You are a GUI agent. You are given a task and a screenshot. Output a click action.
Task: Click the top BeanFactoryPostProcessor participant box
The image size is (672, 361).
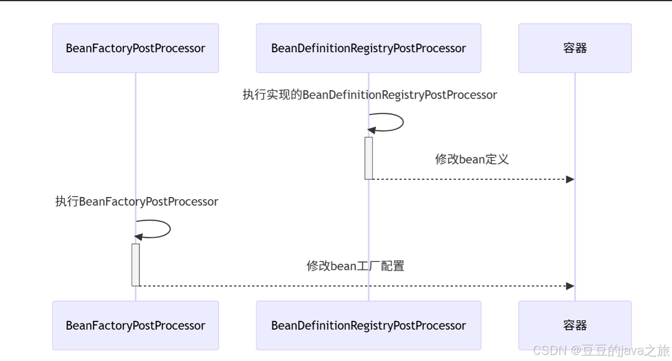135,48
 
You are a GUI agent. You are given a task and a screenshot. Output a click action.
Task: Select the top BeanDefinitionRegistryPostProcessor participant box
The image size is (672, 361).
368,48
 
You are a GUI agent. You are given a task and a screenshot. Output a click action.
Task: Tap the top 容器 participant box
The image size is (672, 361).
575,48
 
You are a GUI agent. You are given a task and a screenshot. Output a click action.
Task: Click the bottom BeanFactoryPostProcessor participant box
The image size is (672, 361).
135,325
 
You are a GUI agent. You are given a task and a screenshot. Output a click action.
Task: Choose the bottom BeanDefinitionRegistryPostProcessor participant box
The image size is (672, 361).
368,325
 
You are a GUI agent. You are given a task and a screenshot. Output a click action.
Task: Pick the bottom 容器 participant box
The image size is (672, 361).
575,325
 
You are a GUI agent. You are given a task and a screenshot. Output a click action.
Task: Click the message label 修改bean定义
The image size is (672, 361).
472,160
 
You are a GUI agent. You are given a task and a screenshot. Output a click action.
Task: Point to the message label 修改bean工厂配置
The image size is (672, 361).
355,266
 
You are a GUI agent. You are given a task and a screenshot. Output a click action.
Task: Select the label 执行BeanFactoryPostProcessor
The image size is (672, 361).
136,202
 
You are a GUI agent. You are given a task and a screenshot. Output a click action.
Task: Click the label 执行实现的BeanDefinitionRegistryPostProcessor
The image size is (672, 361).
369,95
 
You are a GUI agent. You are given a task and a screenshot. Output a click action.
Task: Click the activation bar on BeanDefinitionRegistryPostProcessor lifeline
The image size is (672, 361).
369,158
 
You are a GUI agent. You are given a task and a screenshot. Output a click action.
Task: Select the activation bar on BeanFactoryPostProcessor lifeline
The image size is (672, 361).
135,265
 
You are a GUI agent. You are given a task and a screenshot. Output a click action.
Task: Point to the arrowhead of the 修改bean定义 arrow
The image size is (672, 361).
570,179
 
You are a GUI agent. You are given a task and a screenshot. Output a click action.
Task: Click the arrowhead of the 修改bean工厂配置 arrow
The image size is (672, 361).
570,286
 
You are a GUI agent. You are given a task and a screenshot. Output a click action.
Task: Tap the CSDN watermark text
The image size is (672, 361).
601,351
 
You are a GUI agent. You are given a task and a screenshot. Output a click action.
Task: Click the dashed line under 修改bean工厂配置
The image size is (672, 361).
352,286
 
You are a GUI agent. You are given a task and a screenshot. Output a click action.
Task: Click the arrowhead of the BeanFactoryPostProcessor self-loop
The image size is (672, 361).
139,237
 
